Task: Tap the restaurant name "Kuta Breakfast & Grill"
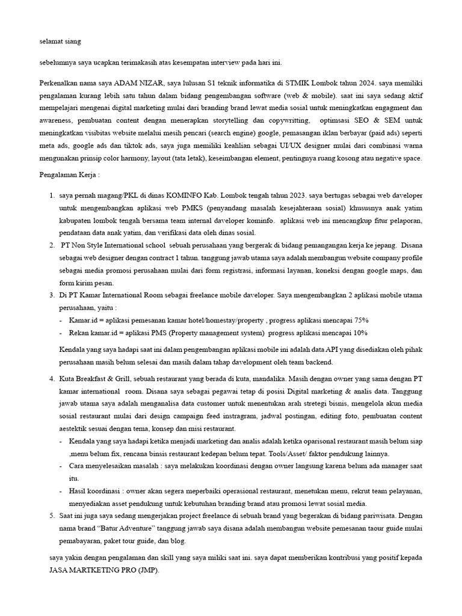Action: point(100,380)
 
